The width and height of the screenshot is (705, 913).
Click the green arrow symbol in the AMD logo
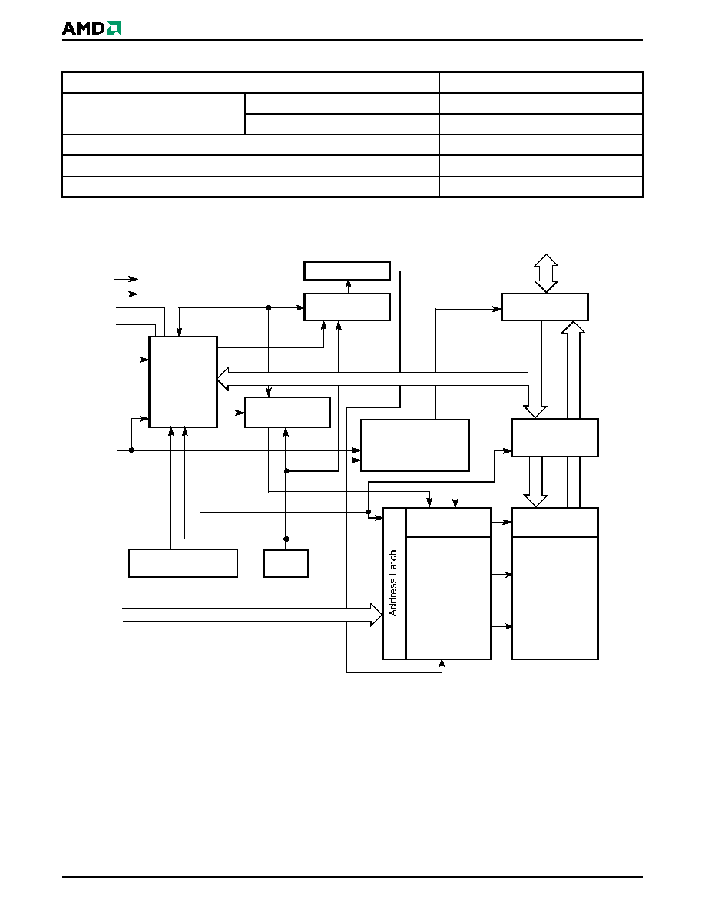click(x=114, y=28)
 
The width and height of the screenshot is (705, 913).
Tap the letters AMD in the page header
click(x=84, y=28)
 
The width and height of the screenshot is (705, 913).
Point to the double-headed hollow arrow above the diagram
click(x=546, y=273)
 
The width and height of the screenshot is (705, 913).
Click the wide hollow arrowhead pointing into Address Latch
click(x=376, y=614)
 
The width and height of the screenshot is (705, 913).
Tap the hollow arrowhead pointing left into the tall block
click(x=223, y=379)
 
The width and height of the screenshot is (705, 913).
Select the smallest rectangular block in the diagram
click(x=286, y=563)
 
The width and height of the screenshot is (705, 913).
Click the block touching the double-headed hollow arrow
click(x=545, y=307)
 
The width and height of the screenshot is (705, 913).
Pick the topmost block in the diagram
click(x=347, y=271)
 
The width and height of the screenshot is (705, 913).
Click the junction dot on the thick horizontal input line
click(x=131, y=450)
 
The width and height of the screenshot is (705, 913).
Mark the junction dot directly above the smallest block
click(x=286, y=539)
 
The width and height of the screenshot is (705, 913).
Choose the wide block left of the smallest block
click(x=184, y=563)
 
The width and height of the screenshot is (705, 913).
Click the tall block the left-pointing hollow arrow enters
click(x=184, y=382)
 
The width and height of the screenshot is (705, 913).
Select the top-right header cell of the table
click(x=541, y=83)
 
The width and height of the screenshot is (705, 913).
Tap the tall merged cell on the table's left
click(x=154, y=114)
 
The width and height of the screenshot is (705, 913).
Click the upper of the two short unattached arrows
click(x=127, y=279)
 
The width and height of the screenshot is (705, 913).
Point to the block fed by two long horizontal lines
click(x=415, y=446)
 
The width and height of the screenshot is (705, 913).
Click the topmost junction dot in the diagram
click(x=268, y=307)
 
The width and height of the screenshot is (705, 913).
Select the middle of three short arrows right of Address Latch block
click(x=501, y=575)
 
